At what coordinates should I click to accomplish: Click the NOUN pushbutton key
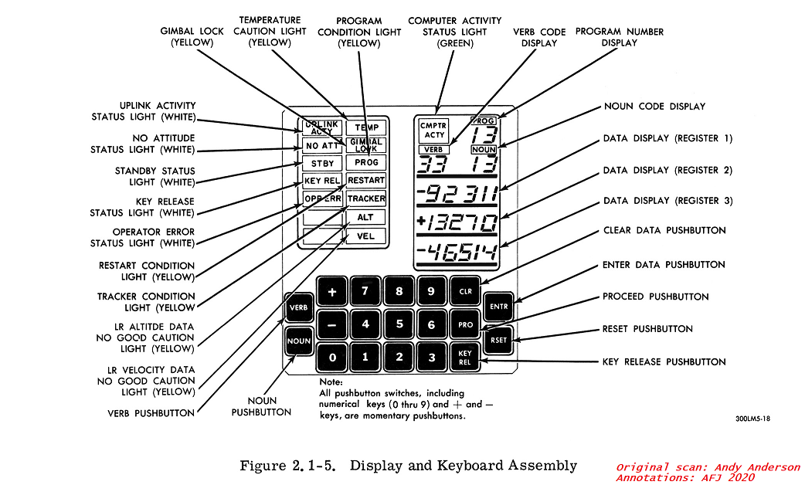[298, 341]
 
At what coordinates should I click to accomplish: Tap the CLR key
[465, 291]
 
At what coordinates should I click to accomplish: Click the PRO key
[465, 324]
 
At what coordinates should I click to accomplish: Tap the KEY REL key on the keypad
[465, 358]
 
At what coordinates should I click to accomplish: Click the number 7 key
[365, 292]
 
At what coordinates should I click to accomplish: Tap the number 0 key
[332, 358]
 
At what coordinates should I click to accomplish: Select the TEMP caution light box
[365, 127]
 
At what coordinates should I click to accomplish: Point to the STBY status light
[322, 164]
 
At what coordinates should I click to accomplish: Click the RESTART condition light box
[365, 181]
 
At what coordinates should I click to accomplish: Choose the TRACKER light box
[365, 198]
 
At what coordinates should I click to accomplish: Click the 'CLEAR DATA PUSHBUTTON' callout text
[664, 231]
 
